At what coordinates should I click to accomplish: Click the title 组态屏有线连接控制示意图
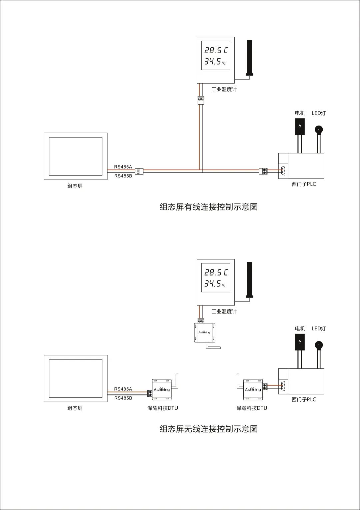pos(209,207)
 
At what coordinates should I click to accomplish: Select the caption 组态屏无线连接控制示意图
pos(209,429)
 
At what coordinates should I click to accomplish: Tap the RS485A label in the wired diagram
pos(123,167)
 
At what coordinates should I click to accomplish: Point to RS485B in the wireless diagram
pos(123,398)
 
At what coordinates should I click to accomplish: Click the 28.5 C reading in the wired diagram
pos(216,50)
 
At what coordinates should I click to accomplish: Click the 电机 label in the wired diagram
pos(300,113)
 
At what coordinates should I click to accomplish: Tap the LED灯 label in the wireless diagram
pos(319,328)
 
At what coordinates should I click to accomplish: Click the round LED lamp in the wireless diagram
pos(319,345)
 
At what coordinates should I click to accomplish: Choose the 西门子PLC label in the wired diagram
pos(304,184)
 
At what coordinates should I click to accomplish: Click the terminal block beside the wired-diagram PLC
pos(263,171)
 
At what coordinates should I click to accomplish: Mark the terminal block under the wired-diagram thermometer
pos(201,99)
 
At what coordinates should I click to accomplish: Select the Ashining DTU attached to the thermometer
pos(204,332)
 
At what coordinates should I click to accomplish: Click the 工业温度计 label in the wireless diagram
pos(224,311)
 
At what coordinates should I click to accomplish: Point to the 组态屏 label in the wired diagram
pos(75,186)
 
